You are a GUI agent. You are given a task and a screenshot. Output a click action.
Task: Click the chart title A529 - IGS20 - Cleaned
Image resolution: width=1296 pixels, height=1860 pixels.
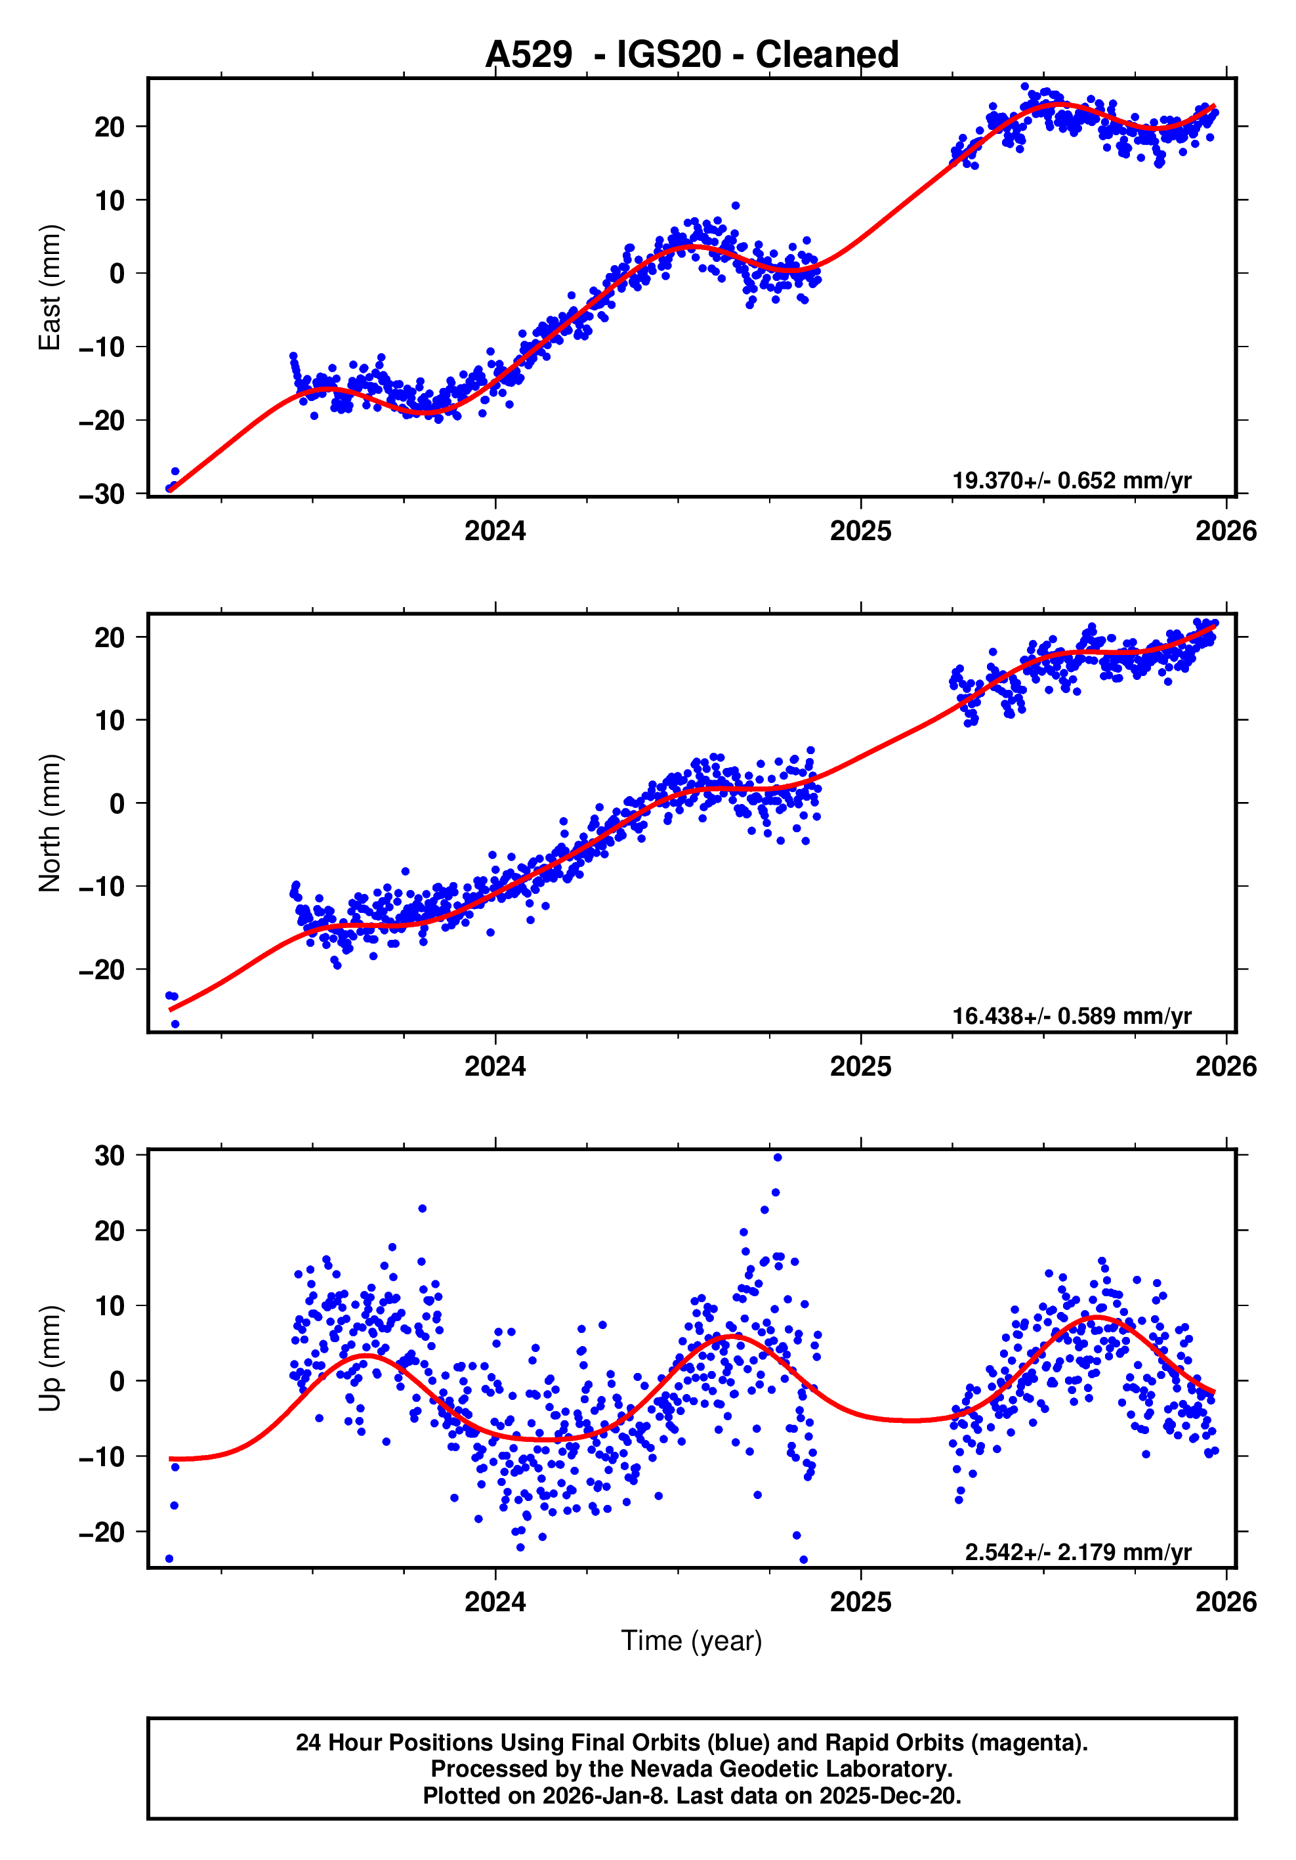(x=691, y=54)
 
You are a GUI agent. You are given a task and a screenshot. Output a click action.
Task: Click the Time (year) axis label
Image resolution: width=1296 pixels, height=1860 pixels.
(x=691, y=1640)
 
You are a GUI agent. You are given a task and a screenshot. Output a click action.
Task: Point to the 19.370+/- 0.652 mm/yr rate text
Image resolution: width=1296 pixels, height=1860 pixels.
(x=1071, y=480)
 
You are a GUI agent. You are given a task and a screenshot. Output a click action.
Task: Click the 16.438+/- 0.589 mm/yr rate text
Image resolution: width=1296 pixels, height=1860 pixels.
(x=1071, y=1016)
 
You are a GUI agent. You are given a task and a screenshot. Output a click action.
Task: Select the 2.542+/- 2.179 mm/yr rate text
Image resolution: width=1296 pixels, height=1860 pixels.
(x=1077, y=1552)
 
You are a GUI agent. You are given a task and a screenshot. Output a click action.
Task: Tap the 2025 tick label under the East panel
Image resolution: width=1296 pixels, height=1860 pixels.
(x=860, y=532)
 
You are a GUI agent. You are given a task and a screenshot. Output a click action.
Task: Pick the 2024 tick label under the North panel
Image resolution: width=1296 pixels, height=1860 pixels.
(x=495, y=1067)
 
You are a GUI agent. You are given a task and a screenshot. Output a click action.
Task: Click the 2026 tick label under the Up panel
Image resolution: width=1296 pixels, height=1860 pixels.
(x=1226, y=1602)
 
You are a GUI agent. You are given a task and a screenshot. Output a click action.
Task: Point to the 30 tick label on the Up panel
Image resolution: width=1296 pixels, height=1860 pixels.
(x=110, y=1156)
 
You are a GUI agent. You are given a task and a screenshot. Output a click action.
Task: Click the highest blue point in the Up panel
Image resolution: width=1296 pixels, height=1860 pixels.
(x=778, y=1158)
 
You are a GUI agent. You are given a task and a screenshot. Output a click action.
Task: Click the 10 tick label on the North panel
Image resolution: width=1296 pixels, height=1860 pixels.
(x=110, y=720)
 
